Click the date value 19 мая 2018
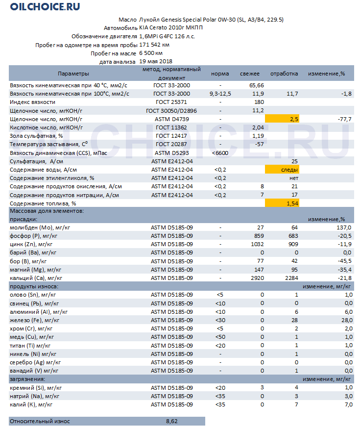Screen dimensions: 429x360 [x=155, y=62]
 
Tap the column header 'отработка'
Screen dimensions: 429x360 [x=284, y=74]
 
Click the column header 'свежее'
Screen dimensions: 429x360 [x=249, y=74]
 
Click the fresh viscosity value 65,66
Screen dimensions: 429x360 [x=256, y=85]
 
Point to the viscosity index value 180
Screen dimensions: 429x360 [x=259, y=102]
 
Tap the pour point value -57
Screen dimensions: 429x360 [x=259, y=144]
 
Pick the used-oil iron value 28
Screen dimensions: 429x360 [x=294, y=320]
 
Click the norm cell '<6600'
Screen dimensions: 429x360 [x=220, y=153]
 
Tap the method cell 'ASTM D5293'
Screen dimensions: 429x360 [x=171, y=153]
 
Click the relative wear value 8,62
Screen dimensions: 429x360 [x=171, y=421]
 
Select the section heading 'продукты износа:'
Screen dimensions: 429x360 [x=34, y=286]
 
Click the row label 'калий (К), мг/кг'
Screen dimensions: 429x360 [x=31, y=404]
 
